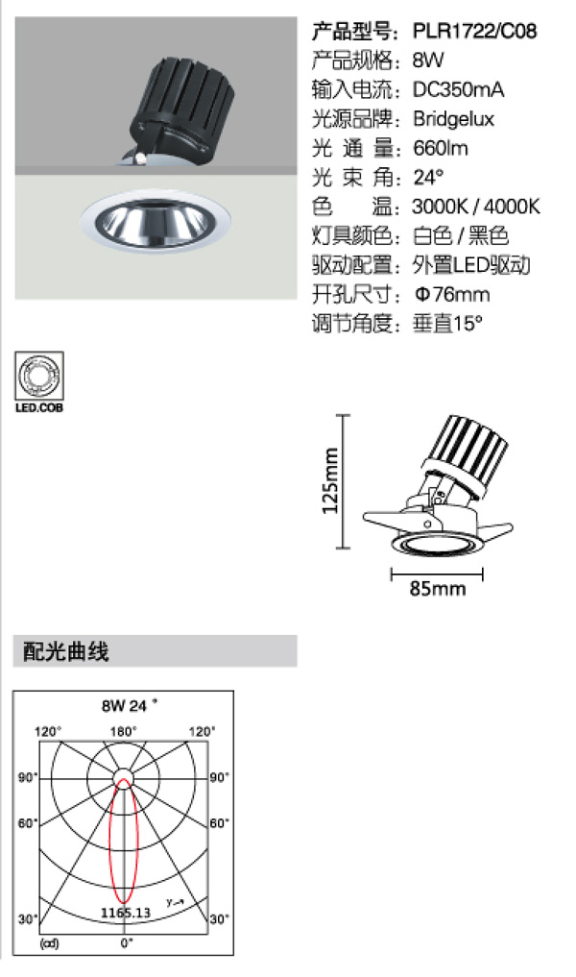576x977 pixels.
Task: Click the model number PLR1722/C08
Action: point(474,31)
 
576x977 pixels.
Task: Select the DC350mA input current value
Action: point(458,89)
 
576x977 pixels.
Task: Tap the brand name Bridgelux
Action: point(453,119)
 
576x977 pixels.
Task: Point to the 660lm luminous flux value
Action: point(441,148)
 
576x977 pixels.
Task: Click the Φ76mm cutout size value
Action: point(452,294)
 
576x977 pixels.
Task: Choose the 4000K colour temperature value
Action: point(512,207)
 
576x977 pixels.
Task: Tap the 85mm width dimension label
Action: point(437,588)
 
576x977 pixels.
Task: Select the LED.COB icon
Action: point(39,382)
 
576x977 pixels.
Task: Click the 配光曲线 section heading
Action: point(65,651)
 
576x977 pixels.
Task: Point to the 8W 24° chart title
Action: point(130,705)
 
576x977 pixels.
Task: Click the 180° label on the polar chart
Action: point(123,731)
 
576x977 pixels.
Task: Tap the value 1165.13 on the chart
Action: point(126,913)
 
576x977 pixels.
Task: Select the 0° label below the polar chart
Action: point(127,942)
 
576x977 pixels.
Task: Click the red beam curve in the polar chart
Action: point(110,842)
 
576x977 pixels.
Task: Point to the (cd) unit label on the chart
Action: point(49,943)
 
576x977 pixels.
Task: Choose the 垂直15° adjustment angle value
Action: point(447,324)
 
